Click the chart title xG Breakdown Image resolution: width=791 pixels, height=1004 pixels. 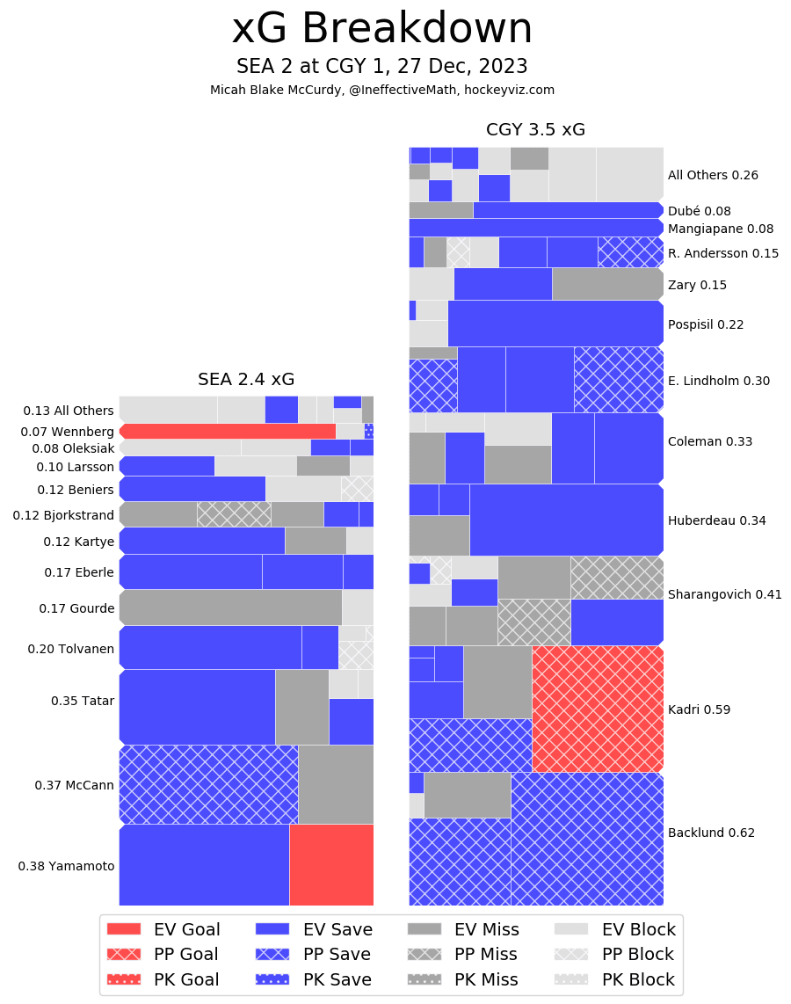click(x=381, y=30)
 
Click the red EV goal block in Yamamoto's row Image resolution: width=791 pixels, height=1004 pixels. click(x=331, y=864)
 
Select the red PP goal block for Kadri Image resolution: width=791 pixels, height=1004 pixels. click(x=598, y=709)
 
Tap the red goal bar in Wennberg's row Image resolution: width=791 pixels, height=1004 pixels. click(x=228, y=431)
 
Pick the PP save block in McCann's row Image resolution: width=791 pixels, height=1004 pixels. click(x=208, y=784)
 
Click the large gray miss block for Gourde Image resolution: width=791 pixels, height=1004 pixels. click(x=230, y=607)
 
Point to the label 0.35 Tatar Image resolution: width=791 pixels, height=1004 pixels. click(x=83, y=701)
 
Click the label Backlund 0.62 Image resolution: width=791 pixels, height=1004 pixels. click(x=711, y=833)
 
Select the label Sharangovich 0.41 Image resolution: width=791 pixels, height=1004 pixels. click(x=724, y=594)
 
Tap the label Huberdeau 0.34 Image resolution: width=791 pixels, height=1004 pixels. click(x=716, y=520)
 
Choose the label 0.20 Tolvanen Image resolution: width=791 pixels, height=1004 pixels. click(x=70, y=648)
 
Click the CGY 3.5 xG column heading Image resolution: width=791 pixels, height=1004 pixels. click(x=535, y=130)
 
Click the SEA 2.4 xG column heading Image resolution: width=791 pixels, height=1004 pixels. click(x=246, y=380)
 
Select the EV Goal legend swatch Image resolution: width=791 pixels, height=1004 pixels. click(x=124, y=929)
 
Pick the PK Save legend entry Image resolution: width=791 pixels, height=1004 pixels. click(x=314, y=979)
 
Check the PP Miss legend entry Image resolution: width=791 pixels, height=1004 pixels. click(x=462, y=954)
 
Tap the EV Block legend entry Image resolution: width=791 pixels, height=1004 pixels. click(x=615, y=929)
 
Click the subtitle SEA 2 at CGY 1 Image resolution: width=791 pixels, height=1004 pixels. click(x=381, y=67)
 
